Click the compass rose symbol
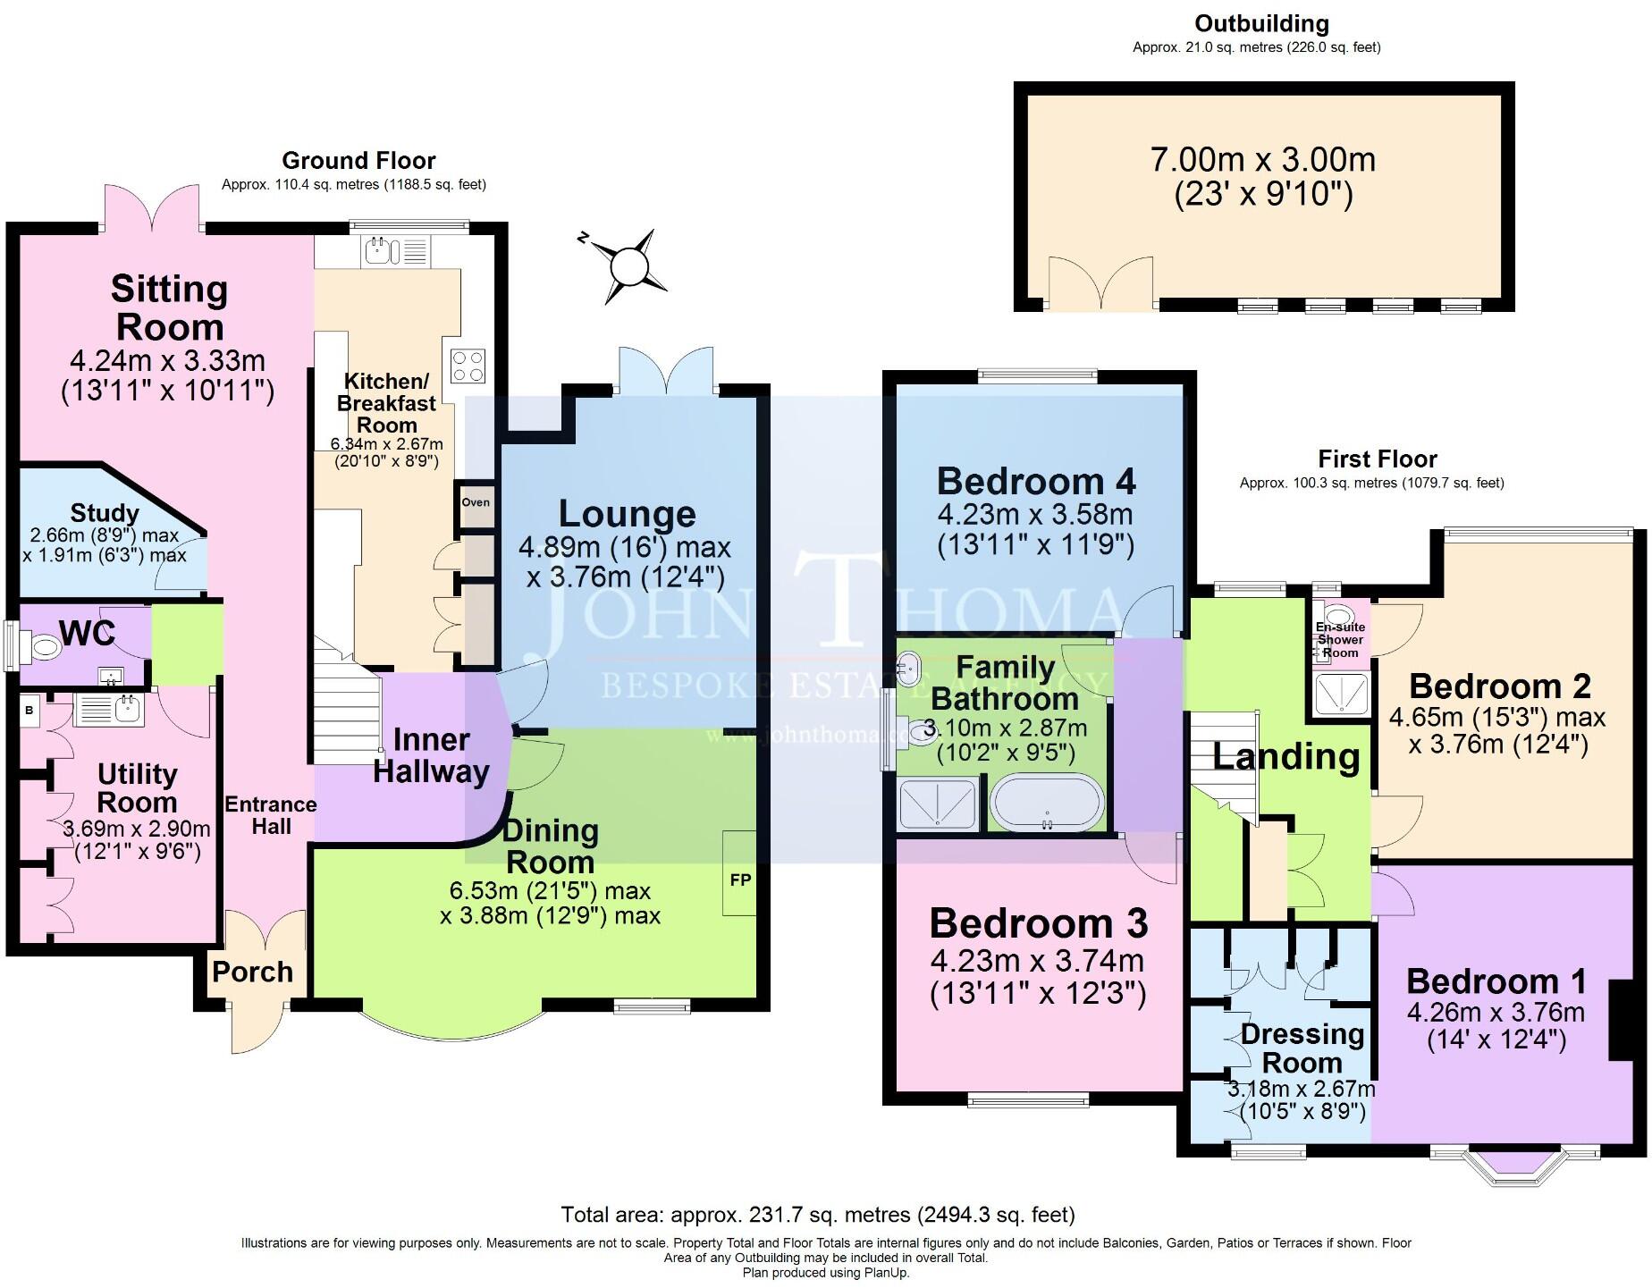click(x=628, y=266)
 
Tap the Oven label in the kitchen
click(x=476, y=502)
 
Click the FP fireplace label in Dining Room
click(x=740, y=880)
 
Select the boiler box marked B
click(x=29, y=711)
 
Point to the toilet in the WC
click(x=43, y=646)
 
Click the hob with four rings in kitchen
click(x=468, y=366)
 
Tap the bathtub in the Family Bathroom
click(x=1046, y=803)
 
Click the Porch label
click(x=252, y=972)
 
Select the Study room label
click(x=105, y=513)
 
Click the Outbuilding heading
click(x=1261, y=23)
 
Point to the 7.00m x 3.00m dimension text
click(x=1262, y=161)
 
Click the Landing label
click(x=1285, y=757)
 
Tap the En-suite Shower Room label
click(x=1340, y=640)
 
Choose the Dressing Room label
click(x=1302, y=1048)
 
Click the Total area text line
click(x=817, y=1215)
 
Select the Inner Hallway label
click(x=431, y=755)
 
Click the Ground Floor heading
click(x=358, y=161)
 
